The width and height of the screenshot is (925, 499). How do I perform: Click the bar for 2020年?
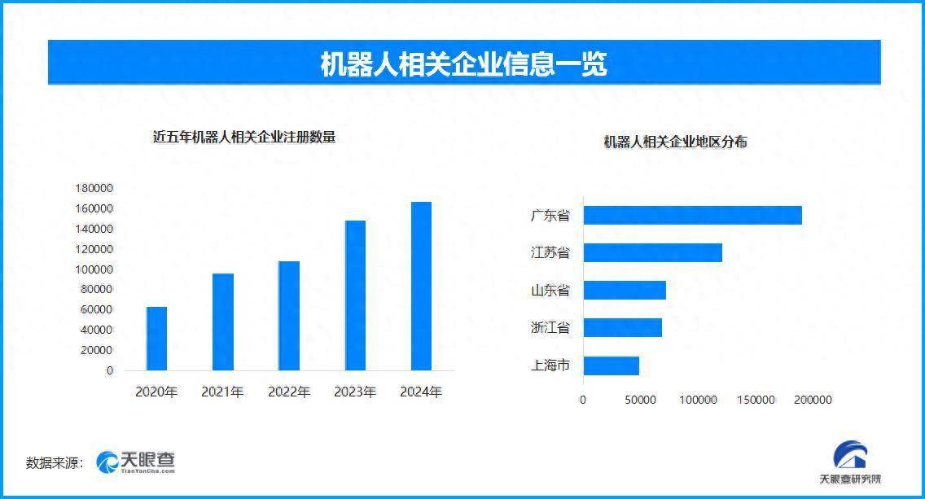click(156, 339)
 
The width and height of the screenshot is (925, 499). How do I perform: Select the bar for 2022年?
click(289, 316)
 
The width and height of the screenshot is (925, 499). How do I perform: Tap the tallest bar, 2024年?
click(421, 286)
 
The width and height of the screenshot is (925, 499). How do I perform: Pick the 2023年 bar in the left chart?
click(355, 295)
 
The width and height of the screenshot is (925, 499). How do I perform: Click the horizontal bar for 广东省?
click(692, 215)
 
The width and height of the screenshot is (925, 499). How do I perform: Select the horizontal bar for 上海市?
click(611, 365)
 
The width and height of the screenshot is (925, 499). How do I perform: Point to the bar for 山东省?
click(625, 290)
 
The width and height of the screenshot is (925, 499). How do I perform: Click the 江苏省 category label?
click(550, 252)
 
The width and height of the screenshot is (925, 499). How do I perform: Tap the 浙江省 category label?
click(550, 328)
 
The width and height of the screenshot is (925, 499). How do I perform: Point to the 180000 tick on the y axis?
click(94, 188)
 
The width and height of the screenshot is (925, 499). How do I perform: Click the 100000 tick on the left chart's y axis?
click(94, 269)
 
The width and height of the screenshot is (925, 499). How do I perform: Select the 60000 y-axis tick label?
click(97, 309)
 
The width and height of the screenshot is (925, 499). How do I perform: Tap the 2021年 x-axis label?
click(222, 392)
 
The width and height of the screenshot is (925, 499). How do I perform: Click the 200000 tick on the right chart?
click(813, 400)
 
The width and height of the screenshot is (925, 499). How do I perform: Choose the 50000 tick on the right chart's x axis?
click(640, 400)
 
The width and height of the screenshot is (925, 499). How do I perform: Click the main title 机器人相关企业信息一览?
click(463, 63)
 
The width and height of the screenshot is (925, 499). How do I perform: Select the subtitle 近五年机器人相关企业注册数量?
click(244, 138)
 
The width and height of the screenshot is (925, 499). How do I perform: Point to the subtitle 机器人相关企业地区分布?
click(675, 142)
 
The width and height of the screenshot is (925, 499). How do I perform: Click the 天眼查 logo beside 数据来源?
click(135, 462)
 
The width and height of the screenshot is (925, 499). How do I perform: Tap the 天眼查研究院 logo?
click(849, 465)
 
